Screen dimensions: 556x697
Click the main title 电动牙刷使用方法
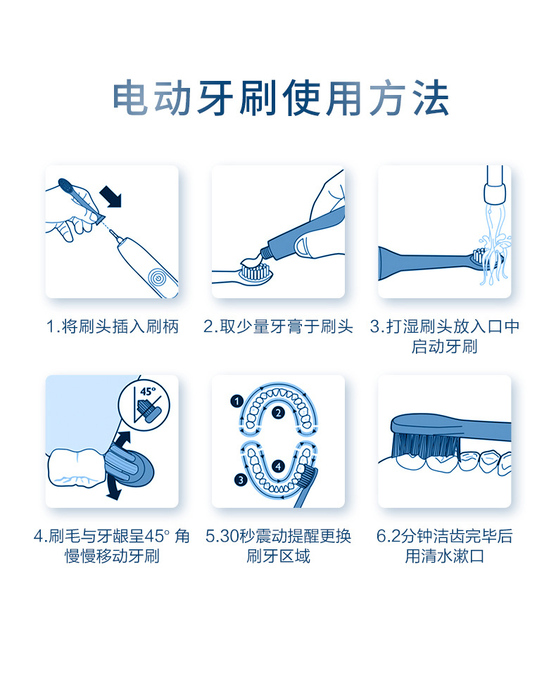pos(280,98)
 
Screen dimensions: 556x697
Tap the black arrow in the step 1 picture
pos(110,197)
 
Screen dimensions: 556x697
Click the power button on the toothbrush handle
pos(157,278)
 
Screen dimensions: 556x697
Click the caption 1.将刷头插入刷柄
pos(112,327)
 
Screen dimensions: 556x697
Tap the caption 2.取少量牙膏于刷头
pos(278,327)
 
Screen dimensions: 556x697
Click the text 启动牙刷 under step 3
pos(444,347)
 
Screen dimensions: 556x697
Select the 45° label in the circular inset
pos(148,392)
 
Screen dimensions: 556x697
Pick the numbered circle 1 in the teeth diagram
pos(236,402)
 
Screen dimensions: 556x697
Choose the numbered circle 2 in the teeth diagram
pos(279,413)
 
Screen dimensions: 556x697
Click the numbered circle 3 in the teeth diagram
pos(241,480)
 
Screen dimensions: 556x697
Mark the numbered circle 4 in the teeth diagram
pos(279,466)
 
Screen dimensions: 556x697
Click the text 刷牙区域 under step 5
pos(278,556)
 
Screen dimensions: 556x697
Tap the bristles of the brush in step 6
pos(426,445)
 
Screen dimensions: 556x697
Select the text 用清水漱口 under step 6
pos(444,556)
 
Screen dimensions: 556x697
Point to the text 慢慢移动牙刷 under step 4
pos(112,556)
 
